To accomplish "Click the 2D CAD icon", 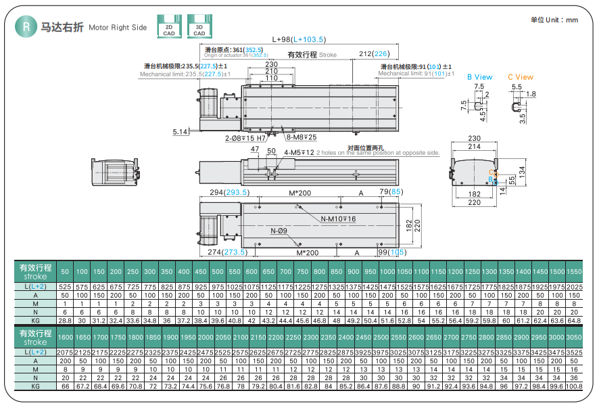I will tap(168, 26).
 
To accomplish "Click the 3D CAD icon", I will tap(199, 26).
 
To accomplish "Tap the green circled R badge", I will tap(26, 26).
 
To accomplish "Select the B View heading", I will tap(479, 77).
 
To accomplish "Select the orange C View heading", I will tap(520, 77).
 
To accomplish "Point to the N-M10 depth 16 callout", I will tap(337, 219).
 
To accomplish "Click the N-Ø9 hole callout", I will tap(279, 231).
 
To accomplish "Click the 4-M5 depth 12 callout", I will tap(299, 152).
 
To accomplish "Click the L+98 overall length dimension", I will tap(297, 40).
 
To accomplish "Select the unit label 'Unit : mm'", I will tap(554, 20).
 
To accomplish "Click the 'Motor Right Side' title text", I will tap(118, 28).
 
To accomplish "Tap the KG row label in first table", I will tap(35, 319).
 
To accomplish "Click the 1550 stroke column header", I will tap(573, 271).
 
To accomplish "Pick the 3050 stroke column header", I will tap(573, 337).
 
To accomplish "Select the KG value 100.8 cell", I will tap(573, 386).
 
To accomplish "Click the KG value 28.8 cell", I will tap(65, 319).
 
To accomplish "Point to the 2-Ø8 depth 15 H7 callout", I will tap(245, 137).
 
